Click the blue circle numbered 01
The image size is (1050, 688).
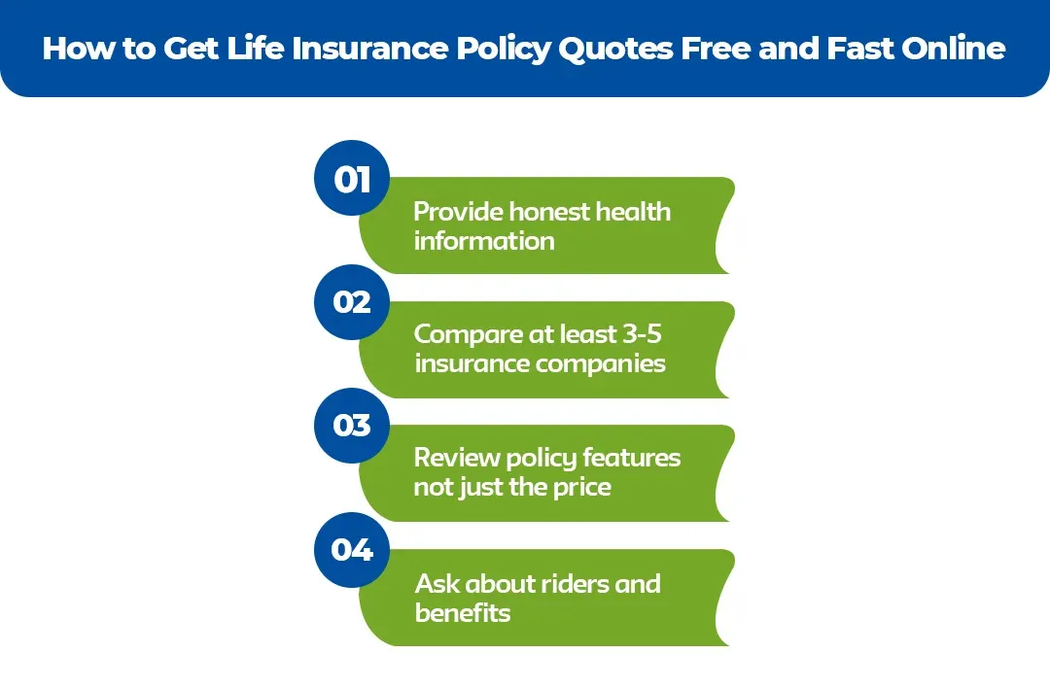(352, 179)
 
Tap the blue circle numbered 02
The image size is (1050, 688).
(352, 302)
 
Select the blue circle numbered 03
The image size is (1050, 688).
(352, 426)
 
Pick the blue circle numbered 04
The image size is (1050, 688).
(352, 550)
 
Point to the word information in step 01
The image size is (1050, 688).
(484, 241)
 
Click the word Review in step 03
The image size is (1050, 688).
(456, 458)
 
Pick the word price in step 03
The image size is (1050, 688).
(580, 488)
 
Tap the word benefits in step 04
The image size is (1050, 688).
(463, 613)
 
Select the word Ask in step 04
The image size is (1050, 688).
(437, 583)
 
